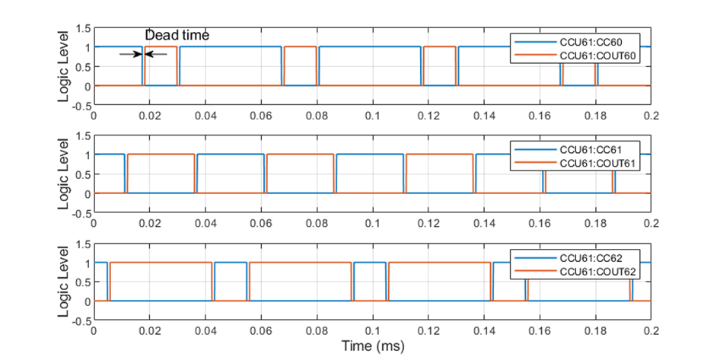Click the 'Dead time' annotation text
[177, 35]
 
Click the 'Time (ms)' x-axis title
[372, 346]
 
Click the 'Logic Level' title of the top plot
[66, 67]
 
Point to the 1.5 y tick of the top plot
[82, 29]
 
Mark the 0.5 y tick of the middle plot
[82, 174]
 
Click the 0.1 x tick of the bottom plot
[372, 331]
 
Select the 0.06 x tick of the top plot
[261, 116]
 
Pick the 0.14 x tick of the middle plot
[484, 223]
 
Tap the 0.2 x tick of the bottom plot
[651, 331]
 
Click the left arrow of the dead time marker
[129, 54]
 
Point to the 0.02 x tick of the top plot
[149, 116]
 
